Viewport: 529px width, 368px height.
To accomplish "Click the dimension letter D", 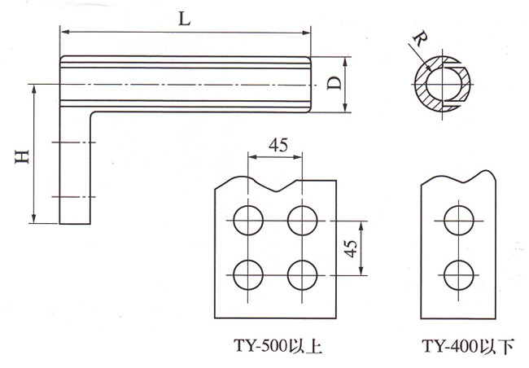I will [333, 84].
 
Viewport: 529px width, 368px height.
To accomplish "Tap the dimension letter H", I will [23, 154].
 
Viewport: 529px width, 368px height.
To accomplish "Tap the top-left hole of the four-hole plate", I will [247, 219].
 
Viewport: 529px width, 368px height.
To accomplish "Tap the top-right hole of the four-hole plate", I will [302, 219].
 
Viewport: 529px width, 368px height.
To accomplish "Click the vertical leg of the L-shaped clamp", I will [75, 171].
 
